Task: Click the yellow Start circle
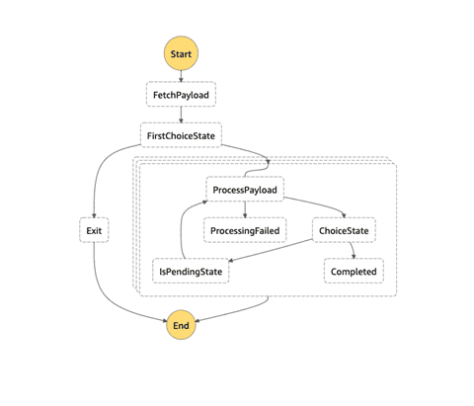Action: click(181, 53)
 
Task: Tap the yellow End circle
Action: click(181, 325)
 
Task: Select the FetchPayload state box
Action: click(181, 95)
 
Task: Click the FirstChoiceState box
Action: click(181, 135)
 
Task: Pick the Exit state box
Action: click(94, 230)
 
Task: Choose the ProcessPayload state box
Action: click(245, 190)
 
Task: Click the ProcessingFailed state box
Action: click(245, 230)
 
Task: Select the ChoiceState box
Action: click(344, 230)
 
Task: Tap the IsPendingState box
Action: click(191, 271)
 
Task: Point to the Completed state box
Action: click(354, 271)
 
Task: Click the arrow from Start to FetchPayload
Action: click(181, 76)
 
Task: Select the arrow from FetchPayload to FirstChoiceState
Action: click(181, 115)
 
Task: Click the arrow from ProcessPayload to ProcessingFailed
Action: click(245, 209)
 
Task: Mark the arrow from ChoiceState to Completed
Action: click(353, 250)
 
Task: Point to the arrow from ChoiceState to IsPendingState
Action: click(270, 251)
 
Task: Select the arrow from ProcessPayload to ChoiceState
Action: click(318, 204)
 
